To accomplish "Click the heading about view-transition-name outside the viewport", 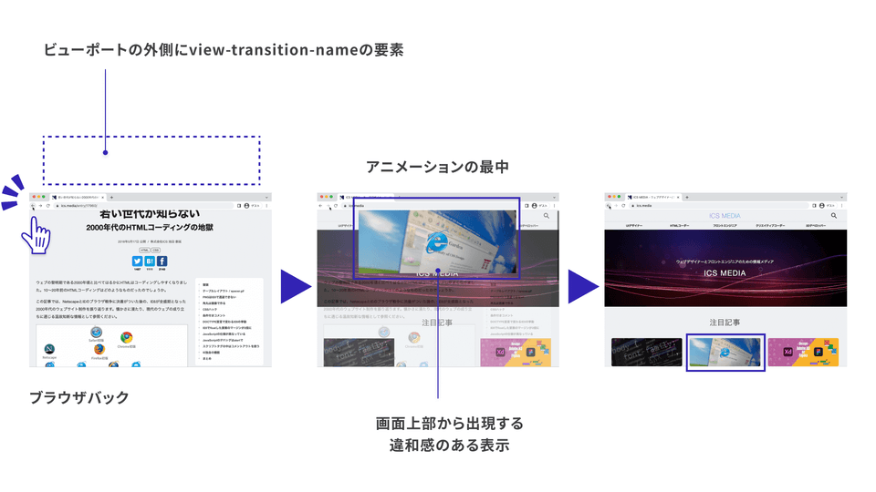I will [224, 50].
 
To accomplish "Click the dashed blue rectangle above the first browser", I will [151, 160].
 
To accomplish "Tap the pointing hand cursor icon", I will [35, 233].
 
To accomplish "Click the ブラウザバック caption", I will [79, 397].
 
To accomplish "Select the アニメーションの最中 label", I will [437, 167].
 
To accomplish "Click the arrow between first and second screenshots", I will [294, 286].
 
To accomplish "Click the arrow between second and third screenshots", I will [581, 286].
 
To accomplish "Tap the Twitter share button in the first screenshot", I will [137, 261].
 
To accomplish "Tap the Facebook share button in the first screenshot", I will [162, 261].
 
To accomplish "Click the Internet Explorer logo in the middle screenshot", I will [437, 241].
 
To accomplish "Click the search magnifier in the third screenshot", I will [833, 216].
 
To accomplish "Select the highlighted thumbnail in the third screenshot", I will [725, 352].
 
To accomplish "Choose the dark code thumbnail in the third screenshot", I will [646, 352].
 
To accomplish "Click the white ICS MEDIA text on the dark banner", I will [725, 273].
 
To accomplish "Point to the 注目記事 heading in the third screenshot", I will [725, 323].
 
